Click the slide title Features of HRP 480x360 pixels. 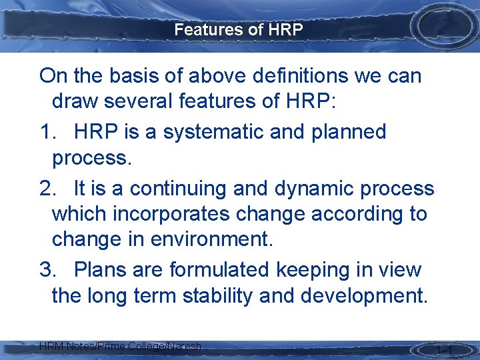[239, 29]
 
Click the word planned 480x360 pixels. [349, 132]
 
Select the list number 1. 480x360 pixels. [47, 132]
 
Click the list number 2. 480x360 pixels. [47, 189]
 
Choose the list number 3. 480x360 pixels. [47, 269]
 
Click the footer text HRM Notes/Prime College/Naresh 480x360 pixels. [120, 346]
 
